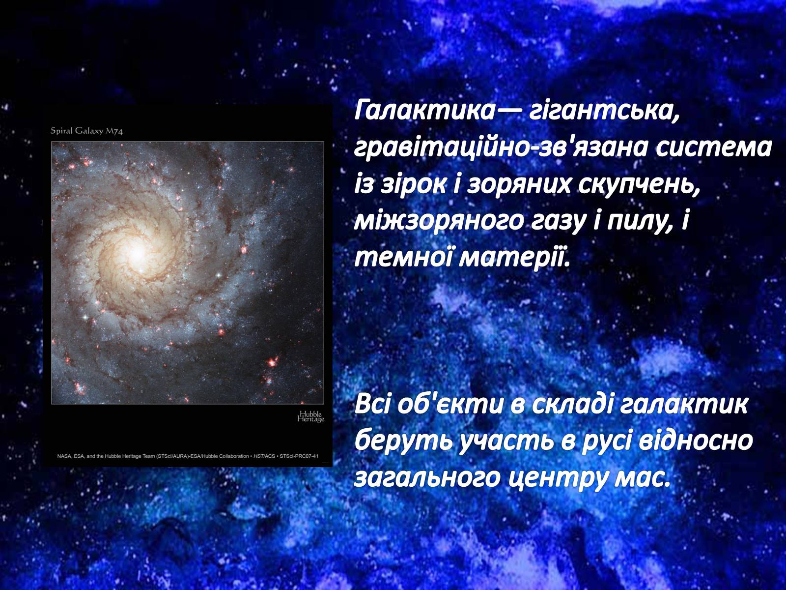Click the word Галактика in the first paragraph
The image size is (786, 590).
[x=424, y=111]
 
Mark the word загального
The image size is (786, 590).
[x=427, y=478]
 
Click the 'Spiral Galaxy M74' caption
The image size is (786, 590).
[x=86, y=131]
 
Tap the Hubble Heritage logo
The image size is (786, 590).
[x=311, y=416]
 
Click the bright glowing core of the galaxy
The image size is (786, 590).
[x=137, y=255]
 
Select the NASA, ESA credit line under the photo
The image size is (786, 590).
[x=188, y=456]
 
